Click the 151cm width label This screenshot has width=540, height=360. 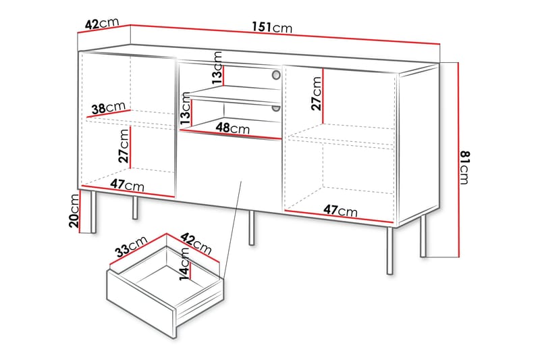pos(272,27)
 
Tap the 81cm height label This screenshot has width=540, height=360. pos(464,168)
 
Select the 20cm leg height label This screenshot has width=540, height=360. pos(74,211)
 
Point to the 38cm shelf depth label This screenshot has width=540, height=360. pos(109,108)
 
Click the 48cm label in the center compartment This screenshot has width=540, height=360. pos(232,128)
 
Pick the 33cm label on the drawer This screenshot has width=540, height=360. pos(132,247)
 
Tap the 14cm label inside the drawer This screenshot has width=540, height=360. pos(184,264)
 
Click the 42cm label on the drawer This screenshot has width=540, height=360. pos(196,244)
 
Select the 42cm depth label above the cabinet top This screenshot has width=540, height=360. pos(102,24)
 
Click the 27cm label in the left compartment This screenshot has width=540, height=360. pos(124,145)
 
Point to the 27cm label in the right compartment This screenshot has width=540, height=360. pos(316,93)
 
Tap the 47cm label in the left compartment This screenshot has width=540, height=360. pos(127,185)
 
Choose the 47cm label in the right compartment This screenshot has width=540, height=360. pos(340,210)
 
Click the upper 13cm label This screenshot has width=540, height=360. pos(217,68)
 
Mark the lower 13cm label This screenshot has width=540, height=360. pos(185,109)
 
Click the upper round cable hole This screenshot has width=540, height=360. pos(276,75)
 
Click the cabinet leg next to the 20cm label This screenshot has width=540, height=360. pos(92,212)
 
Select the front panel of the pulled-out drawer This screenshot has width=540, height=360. pos(142,303)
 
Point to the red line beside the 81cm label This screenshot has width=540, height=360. pos(458,160)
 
